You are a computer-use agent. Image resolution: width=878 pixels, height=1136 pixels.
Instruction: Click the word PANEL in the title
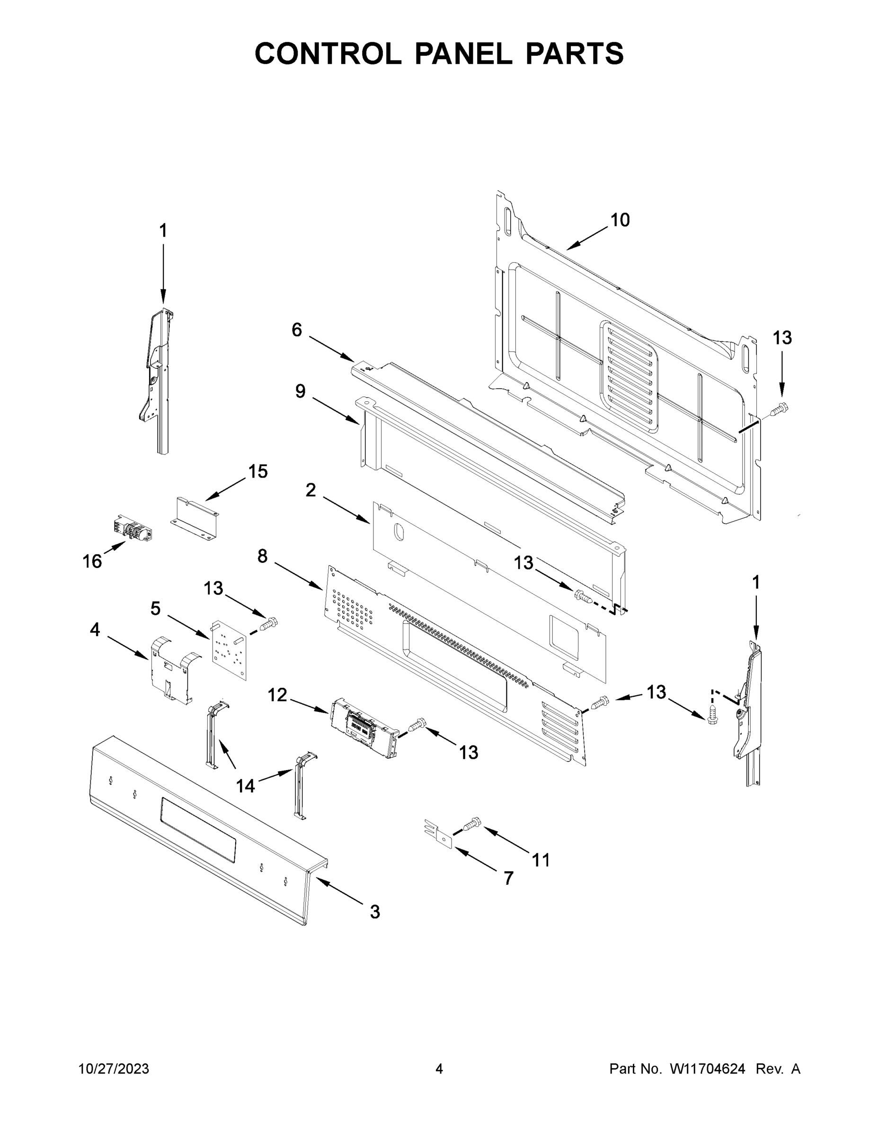(463, 53)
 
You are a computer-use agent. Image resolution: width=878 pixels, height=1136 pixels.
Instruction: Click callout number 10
(620, 220)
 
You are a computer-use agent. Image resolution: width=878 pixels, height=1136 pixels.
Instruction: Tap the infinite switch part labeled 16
(133, 528)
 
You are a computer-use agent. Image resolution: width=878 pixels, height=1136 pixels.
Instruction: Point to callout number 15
(257, 472)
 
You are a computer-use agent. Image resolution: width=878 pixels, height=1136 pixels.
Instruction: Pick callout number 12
(277, 694)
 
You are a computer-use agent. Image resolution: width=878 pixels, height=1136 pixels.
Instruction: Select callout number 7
(508, 878)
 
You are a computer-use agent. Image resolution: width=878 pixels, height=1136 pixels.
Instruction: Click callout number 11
(541, 860)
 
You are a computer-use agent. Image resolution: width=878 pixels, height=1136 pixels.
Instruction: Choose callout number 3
(374, 911)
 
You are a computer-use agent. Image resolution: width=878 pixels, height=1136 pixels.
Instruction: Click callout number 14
(246, 786)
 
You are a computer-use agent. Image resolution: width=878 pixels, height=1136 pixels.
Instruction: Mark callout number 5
(156, 608)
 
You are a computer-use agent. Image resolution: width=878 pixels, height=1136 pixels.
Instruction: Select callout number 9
(300, 391)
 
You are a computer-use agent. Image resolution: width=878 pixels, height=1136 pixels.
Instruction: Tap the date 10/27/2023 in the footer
(114, 1069)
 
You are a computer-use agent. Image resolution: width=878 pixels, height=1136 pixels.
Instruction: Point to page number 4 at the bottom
(439, 1069)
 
